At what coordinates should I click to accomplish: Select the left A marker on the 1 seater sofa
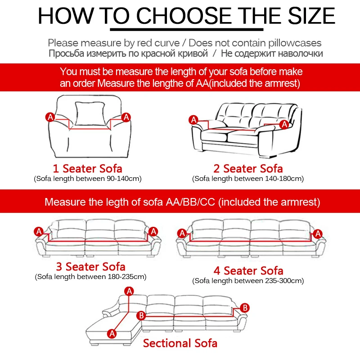coord(50,117)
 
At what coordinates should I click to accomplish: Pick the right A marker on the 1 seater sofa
coord(126,117)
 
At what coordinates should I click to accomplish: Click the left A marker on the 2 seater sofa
coord(193,120)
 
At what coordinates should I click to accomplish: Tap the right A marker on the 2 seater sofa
coord(284,124)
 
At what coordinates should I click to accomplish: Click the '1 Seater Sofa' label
coord(88,169)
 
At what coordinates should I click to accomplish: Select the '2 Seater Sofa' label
coord(248,169)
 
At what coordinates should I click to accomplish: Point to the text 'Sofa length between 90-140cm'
coord(88,179)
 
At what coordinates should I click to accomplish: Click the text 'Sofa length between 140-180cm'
coord(248,179)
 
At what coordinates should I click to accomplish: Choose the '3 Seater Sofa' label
coord(90,266)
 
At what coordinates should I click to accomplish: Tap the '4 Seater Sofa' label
coord(248,270)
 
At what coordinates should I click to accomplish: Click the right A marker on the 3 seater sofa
coord(153,231)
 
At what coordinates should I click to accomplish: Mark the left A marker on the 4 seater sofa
coord(182,233)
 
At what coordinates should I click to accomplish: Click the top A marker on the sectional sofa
coord(130,291)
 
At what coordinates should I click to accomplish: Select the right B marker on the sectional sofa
coord(245,308)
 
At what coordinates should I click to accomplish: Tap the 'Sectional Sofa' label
coord(180,343)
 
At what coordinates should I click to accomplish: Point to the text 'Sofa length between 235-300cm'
coord(248,281)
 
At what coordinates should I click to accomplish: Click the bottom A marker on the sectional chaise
coord(112,333)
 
